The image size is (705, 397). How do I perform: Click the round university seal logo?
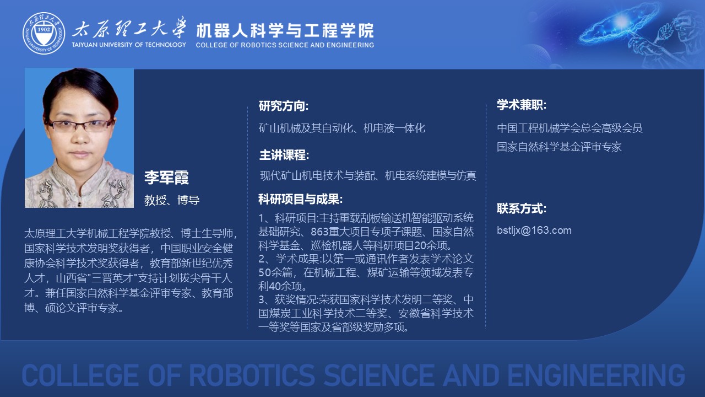coord(44,34)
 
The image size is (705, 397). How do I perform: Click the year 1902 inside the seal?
coord(44,30)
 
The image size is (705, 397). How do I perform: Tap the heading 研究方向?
coord(284,106)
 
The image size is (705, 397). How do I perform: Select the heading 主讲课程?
coord(284,155)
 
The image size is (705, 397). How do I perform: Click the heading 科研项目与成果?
coord(300,199)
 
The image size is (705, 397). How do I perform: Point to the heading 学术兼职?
coord(522,105)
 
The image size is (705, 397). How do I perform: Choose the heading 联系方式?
coord(522,208)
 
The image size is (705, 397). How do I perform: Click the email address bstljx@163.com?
coord(534,230)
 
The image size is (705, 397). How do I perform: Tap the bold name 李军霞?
coord(166,177)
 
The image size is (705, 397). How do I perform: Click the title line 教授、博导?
coord(172,200)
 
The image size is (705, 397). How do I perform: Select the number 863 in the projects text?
coord(319,232)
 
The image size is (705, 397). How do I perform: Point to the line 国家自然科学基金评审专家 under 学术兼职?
coord(559,147)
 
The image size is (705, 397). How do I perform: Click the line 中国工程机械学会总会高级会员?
coord(570,128)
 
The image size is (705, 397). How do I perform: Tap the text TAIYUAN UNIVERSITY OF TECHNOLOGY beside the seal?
coord(129,45)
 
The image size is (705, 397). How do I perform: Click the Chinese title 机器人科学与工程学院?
coord(285,30)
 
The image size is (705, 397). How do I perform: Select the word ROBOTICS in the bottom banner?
coord(252,375)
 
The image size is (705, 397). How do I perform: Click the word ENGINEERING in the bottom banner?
coord(596,375)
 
